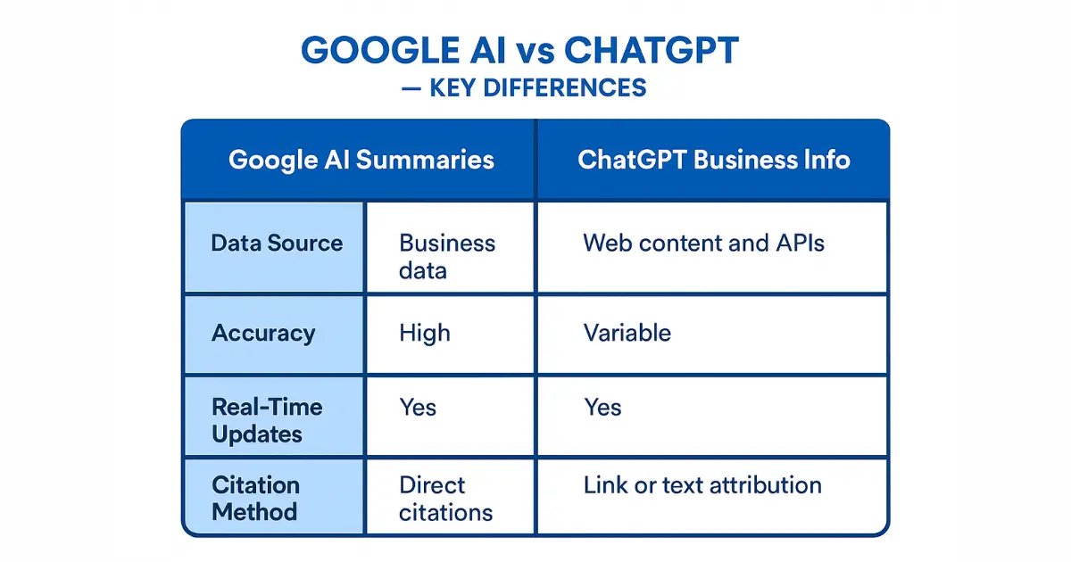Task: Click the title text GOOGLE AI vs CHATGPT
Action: click(520, 51)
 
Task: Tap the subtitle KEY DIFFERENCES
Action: click(538, 87)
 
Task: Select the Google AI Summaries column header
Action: click(361, 160)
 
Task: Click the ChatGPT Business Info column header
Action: click(714, 160)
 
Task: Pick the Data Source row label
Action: click(277, 244)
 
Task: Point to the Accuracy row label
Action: click(263, 334)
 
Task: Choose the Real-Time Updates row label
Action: click(266, 420)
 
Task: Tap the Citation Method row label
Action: click(254, 499)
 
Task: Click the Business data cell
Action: click(446, 256)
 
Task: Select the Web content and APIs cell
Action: click(703, 243)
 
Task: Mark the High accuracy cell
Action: click(425, 334)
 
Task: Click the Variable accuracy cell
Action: click(627, 334)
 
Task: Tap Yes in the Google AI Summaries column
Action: click(418, 408)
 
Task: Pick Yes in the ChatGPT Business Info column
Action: click(602, 408)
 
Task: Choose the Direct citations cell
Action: click(445, 499)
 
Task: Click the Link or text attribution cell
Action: click(702, 485)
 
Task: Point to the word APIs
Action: click(794, 243)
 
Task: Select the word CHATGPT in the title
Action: click(641, 51)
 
